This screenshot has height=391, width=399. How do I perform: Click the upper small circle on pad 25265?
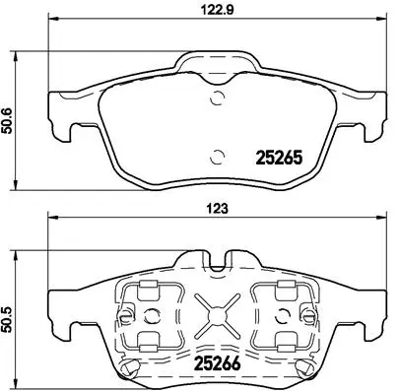click(217, 96)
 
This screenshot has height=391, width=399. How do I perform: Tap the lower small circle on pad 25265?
click(217, 154)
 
